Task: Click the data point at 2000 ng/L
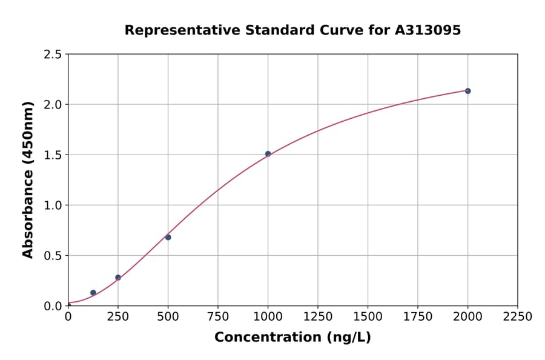467,91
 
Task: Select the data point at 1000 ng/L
268,154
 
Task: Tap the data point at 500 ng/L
168,237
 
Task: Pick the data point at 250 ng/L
118,278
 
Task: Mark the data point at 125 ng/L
93,293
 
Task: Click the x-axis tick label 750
218,317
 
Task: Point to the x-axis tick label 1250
318,317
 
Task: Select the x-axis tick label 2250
518,317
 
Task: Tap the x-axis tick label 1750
418,317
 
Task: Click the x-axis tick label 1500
368,317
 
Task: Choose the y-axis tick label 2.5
53,55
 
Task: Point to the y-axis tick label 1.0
53,205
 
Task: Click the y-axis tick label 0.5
53,256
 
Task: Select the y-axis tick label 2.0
53,105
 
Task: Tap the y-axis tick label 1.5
53,155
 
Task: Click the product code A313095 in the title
428,30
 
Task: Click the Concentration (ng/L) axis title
292,338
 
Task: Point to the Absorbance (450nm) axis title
28,179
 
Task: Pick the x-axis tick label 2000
467,317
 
